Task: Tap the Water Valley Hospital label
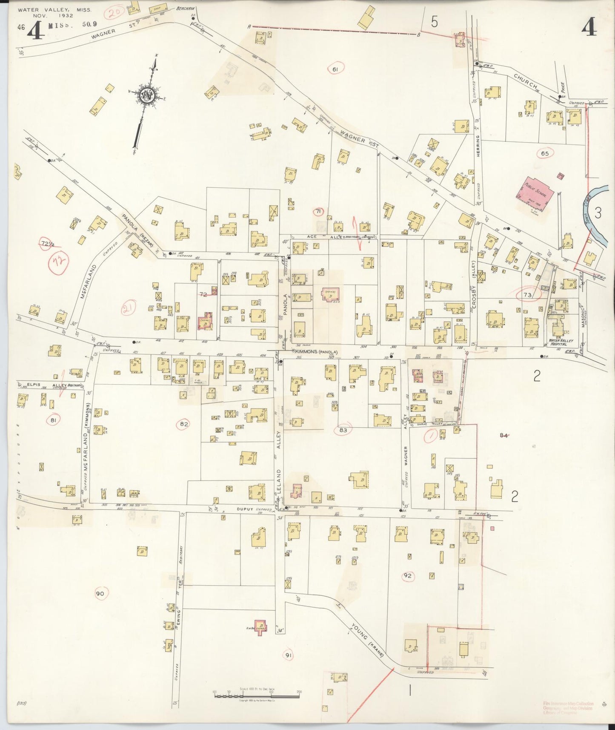click(x=561, y=342)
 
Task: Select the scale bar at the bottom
click(x=257, y=696)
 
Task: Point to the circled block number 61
click(x=335, y=69)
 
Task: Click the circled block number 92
click(x=408, y=576)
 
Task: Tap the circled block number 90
click(x=100, y=594)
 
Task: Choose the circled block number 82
click(x=184, y=424)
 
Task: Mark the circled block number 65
click(x=545, y=153)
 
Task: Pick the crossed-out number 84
click(x=504, y=435)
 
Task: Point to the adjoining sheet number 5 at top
click(x=434, y=22)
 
